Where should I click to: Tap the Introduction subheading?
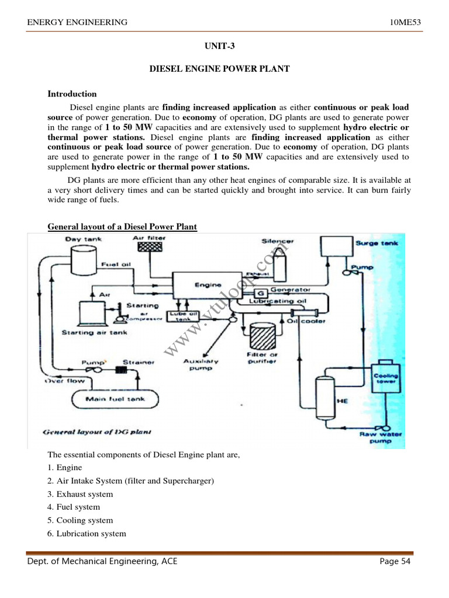72,93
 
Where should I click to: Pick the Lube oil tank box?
184,316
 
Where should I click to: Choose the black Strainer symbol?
122,369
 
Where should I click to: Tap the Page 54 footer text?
395,562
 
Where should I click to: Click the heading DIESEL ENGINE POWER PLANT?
219,69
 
